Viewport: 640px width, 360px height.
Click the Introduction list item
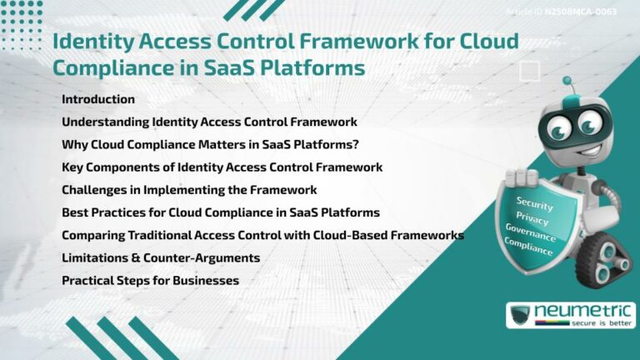click(x=98, y=99)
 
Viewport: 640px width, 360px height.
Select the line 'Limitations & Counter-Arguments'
click(x=161, y=258)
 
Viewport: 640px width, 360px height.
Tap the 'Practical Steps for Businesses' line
click(x=150, y=281)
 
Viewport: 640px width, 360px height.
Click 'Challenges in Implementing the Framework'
click(x=189, y=190)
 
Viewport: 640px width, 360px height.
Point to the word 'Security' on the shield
click(x=534, y=203)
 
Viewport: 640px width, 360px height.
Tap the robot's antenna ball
click(x=567, y=82)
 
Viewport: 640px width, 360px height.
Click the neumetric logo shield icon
click(x=521, y=316)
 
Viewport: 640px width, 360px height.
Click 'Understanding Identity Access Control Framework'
click(x=209, y=122)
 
